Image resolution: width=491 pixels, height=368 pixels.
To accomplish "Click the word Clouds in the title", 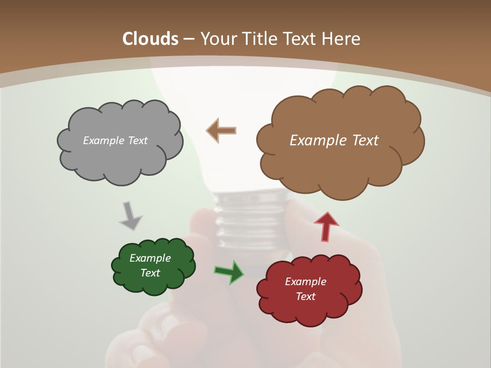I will pyautogui.click(x=150, y=39).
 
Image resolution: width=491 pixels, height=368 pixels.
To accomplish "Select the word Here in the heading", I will pyautogui.click(x=342, y=39).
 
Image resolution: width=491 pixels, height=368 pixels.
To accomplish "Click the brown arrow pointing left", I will pyautogui.click(x=221, y=130).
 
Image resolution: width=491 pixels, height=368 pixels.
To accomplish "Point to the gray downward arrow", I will pyautogui.click(x=130, y=215).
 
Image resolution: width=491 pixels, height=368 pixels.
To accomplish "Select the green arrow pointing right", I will pyautogui.click(x=229, y=271).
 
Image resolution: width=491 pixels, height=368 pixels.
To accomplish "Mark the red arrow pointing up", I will pyautogui.click(x=326, y=226).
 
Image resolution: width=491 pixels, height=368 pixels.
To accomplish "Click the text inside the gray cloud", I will pyautogui.click(x=115, y=141).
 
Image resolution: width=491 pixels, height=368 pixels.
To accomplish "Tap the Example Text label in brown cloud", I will pyautogui.click(x=334, y=141).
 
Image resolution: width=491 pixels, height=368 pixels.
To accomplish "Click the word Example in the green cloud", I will pyautogui.click(x=150, y=258).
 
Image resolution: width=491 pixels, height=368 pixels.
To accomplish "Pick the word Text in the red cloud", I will pyautogui.click(x=305, y=296).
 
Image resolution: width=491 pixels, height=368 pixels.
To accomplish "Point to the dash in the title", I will pyautogui.click(x=188, y=39).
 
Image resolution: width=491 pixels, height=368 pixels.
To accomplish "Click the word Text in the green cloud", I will pyautogui.click(x=150, y=273).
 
